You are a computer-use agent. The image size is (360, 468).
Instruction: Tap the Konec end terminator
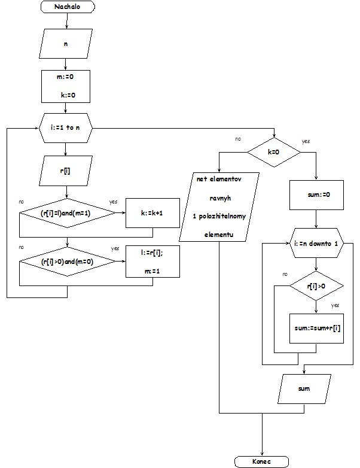262,461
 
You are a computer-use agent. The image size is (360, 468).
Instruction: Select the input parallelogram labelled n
66,44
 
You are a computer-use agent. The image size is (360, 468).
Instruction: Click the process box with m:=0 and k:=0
66,86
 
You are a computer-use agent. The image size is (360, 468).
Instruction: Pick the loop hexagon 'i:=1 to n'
66,127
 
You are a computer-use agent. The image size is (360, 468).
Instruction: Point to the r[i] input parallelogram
66,171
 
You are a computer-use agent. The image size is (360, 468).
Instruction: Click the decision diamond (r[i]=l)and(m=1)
66,213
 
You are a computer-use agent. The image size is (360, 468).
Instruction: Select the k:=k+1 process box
152,213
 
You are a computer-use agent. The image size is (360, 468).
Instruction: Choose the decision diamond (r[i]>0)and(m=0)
66,261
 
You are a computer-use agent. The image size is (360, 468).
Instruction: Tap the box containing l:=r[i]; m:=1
152,261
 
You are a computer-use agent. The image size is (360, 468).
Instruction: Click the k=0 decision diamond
273,153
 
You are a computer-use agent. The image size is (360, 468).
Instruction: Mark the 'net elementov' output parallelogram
219,206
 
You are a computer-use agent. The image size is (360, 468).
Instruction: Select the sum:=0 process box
315,195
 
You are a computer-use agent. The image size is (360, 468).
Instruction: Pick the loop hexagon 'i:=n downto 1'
315,244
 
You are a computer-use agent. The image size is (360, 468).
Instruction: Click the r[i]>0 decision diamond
315,286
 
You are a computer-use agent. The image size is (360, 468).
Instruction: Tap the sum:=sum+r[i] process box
315,329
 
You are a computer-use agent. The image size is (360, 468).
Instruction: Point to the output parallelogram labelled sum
304,388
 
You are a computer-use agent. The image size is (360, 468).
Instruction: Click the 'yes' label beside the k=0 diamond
306,141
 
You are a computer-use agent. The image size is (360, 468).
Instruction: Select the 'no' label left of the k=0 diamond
238,139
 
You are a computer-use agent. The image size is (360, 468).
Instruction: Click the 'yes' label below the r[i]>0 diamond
335,305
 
